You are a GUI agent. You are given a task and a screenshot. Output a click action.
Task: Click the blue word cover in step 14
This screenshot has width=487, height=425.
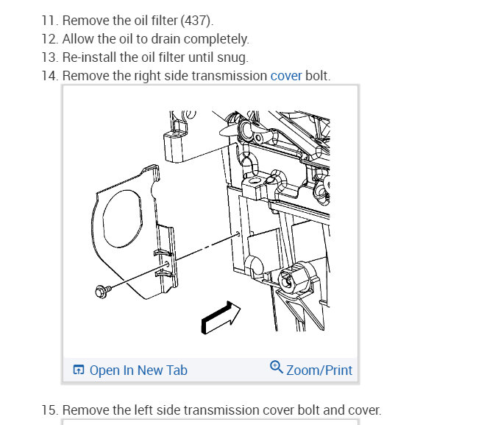(x=286, y=76)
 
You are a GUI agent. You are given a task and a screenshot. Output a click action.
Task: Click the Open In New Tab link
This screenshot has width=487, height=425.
(x=138, y=370)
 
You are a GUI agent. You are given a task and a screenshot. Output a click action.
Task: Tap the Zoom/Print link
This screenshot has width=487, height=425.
(x=319, y=370)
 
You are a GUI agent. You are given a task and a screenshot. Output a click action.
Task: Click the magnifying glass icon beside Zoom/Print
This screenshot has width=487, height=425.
(x=277, y=368)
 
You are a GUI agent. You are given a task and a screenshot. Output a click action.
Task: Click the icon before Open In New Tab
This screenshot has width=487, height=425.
(x=79, y=370)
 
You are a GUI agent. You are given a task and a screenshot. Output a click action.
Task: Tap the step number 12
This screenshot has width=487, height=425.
(x=49, y=39)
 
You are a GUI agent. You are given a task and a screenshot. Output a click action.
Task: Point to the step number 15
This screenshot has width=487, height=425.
(x=49, y=410)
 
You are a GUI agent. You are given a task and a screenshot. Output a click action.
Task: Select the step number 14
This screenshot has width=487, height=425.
(x=49, y=76)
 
